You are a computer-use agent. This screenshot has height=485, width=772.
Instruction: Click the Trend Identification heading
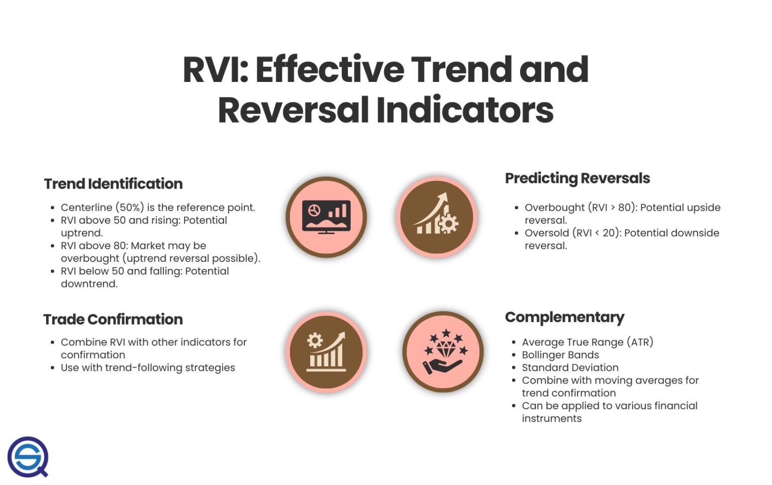[113, 184]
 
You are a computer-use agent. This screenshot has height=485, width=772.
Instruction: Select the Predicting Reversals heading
[577, 178]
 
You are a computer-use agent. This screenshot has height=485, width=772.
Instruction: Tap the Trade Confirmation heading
[113, 320]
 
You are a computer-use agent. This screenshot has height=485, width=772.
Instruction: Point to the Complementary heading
[564, 317]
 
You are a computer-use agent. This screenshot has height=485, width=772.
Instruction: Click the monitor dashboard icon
[326, 217]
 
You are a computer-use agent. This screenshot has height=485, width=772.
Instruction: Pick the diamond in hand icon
[443, 352]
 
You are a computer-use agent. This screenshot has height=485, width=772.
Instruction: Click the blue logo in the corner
[28, 457]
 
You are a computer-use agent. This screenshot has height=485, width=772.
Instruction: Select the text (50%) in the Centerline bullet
[130, 208]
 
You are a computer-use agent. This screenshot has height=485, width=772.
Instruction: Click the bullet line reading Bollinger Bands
[560, 355]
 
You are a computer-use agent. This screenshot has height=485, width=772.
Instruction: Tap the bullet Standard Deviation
[570, 368]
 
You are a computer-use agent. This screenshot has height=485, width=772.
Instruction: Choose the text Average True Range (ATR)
[587, 342]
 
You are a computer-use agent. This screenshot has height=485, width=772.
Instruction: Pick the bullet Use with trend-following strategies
[148, 368]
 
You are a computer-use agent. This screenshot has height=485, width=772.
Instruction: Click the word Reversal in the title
[294, 110]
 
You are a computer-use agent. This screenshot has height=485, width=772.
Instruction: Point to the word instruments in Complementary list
[551, 419]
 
